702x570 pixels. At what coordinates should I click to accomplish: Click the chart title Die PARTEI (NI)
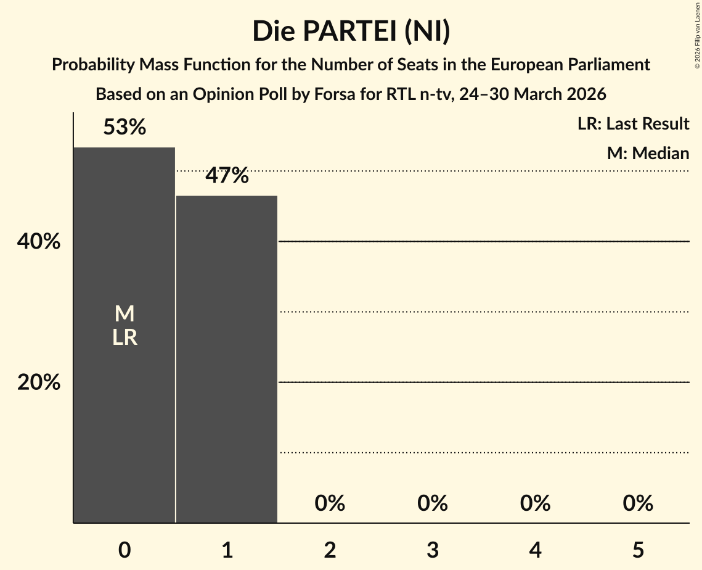click(351, 31)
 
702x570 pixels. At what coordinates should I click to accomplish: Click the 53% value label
click(124, 128)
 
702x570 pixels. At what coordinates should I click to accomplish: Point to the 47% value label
click(227, 176)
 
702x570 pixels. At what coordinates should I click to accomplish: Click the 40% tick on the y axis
click(39, 242)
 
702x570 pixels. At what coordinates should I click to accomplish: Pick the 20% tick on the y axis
click(39, 383)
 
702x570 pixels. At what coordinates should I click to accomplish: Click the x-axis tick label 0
click(124, 550)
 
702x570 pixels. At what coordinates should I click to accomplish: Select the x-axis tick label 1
click(227, 550)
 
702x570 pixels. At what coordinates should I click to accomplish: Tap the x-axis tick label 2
click(330, 550)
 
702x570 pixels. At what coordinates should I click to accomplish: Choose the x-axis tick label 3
click(433, 550)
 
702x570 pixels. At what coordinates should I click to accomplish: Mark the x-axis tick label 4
click(535, 550)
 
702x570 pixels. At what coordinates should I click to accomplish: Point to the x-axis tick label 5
click(638, 550)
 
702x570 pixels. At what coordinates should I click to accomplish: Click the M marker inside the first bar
click(124, 314)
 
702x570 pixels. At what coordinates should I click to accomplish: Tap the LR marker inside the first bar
click(124, 337)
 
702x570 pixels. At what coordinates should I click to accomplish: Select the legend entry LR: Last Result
click(633, 124)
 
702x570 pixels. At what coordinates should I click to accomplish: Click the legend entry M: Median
click(648, 153)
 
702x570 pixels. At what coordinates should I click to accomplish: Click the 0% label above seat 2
click(330, 503)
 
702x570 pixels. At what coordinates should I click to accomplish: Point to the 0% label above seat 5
click(638, 503)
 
